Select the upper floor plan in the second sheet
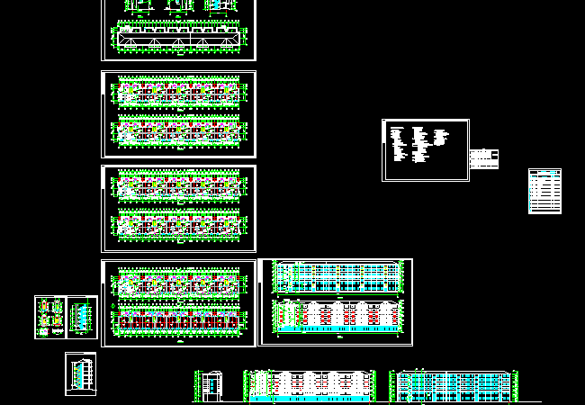click(179, 93)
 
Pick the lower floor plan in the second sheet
click(179, 133)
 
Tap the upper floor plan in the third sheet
click(179, 186)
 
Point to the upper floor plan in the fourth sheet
click(179, 283)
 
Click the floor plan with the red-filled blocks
click(179, 319)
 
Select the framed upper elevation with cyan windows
click(337, 275)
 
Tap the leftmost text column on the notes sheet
click(397, 145)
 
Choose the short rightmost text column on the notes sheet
click(441, 138)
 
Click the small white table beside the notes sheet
click(484, 158)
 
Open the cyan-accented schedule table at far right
click(544, 191)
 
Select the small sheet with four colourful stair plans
click(50, 317)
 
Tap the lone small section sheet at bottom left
click(80, 372)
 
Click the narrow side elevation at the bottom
click(211, 384)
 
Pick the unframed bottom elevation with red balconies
click(310, 384)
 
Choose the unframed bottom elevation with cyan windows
click(454, 385)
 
